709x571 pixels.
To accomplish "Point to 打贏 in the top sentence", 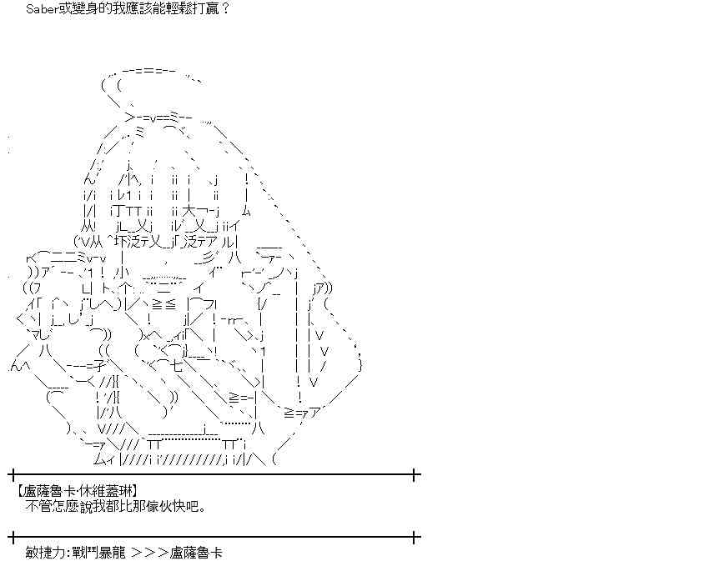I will click(207, 8).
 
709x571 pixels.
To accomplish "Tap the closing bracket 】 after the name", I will click(134, 491).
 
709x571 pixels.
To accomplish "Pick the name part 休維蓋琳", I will click(104, 491).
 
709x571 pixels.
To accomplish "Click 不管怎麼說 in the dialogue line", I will click(58, 505).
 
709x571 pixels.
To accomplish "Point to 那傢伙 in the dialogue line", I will click(148, 505).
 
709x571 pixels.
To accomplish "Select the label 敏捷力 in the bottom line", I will click(44, 552).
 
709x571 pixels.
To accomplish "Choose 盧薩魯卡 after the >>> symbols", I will click(195, 552).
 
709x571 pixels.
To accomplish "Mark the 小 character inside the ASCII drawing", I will click(123, 272).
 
